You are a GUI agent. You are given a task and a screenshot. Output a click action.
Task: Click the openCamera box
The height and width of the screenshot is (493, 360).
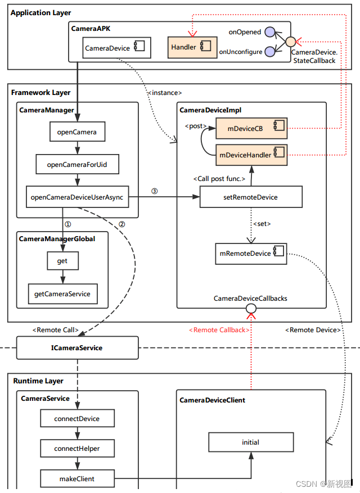pyautogui.click(x=76, y=132)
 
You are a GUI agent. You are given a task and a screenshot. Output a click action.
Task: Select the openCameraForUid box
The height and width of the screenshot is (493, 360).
pyautogui.click(x=76, y=165)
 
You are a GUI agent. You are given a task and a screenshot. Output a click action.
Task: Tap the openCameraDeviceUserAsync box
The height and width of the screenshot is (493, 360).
pyautogui.click(x=78, y=197)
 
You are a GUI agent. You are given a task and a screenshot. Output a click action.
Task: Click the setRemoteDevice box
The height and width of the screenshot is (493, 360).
pyautogui.click(x=251, y=197)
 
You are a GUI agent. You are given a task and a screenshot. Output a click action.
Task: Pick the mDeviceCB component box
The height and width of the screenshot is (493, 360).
pyautogui.click(x=251, y=128)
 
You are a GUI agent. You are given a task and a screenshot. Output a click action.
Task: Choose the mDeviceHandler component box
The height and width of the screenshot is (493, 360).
pyautogui.click(x=251, y=152)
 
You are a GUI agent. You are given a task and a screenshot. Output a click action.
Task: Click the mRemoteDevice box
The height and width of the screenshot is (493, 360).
pyautogui.click(x=251, y=253)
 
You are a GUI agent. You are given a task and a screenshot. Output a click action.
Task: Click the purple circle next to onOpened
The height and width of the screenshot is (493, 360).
pyautogui.click(x=270, y=32)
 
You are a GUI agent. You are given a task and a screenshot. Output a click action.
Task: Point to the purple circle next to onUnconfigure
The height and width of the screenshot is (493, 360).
pyautogui.click(x=270, y=52)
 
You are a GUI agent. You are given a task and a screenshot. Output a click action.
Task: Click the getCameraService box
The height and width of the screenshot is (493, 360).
pyautogui.click(x=62, y=293)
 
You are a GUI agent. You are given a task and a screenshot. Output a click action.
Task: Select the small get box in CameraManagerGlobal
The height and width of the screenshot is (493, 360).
pyautogui.click(x=62, y=261)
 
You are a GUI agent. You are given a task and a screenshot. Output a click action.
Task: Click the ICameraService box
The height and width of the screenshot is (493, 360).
pyautogui.click(x=77, y=348)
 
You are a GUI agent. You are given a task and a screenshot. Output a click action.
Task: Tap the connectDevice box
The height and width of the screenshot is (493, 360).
pyautogui.click(x=77, y=419)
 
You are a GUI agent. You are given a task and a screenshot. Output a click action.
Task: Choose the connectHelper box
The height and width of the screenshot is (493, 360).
pyautogui.click(x=77, y=449)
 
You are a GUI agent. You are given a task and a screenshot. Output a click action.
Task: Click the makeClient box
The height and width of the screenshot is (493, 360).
pyautogui.click(x=77, y=478)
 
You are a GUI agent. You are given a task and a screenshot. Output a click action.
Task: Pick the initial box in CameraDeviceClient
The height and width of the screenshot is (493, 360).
pyautogui.click(x=251, y=442)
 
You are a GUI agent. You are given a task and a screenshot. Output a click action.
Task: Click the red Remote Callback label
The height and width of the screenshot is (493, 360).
pyautogui.click(x=217, y=330)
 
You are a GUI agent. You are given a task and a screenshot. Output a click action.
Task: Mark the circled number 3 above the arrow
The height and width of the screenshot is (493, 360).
pyautogui.click(x=155, y=191)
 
